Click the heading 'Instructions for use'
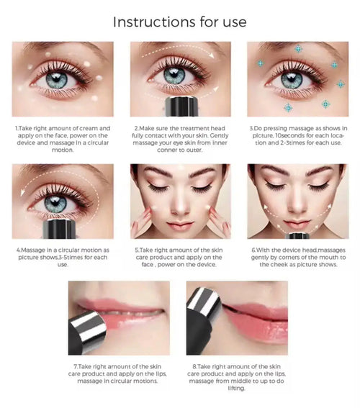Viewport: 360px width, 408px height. pyautogui.click(x=179, y=22)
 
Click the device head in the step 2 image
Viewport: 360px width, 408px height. pyautogui.click(x=179, y=107)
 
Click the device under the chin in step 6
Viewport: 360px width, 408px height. pyautogui.click(x=296, y=235)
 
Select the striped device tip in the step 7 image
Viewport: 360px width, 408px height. pyautogui.click(x=91, y=324)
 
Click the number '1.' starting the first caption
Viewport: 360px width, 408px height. pyautogui.click(x=17, y=128)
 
